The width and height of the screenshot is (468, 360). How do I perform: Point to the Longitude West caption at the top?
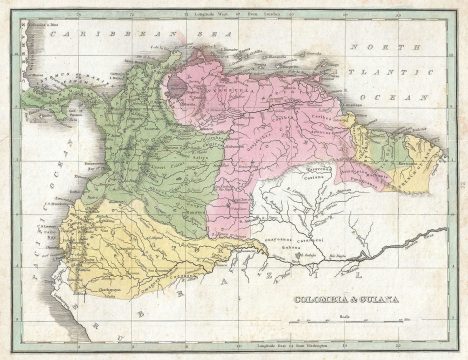213,13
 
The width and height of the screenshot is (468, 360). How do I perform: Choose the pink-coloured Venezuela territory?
270,110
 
